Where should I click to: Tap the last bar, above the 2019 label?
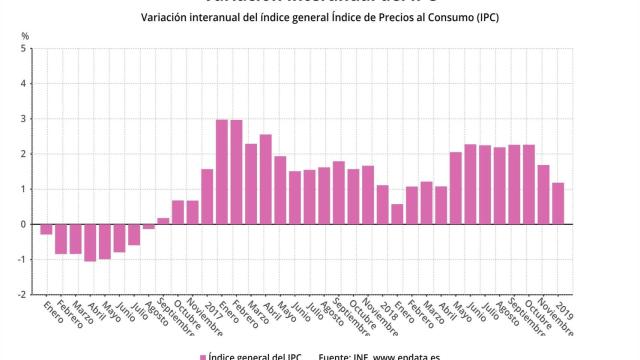tap(559, 203)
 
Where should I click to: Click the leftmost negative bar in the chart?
tap(46, 229)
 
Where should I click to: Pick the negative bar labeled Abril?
tap(90, 242)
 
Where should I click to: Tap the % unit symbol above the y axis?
tap(25, 35)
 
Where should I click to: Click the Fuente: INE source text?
tap(346, 355)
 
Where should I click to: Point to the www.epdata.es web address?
tap(410, 355)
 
